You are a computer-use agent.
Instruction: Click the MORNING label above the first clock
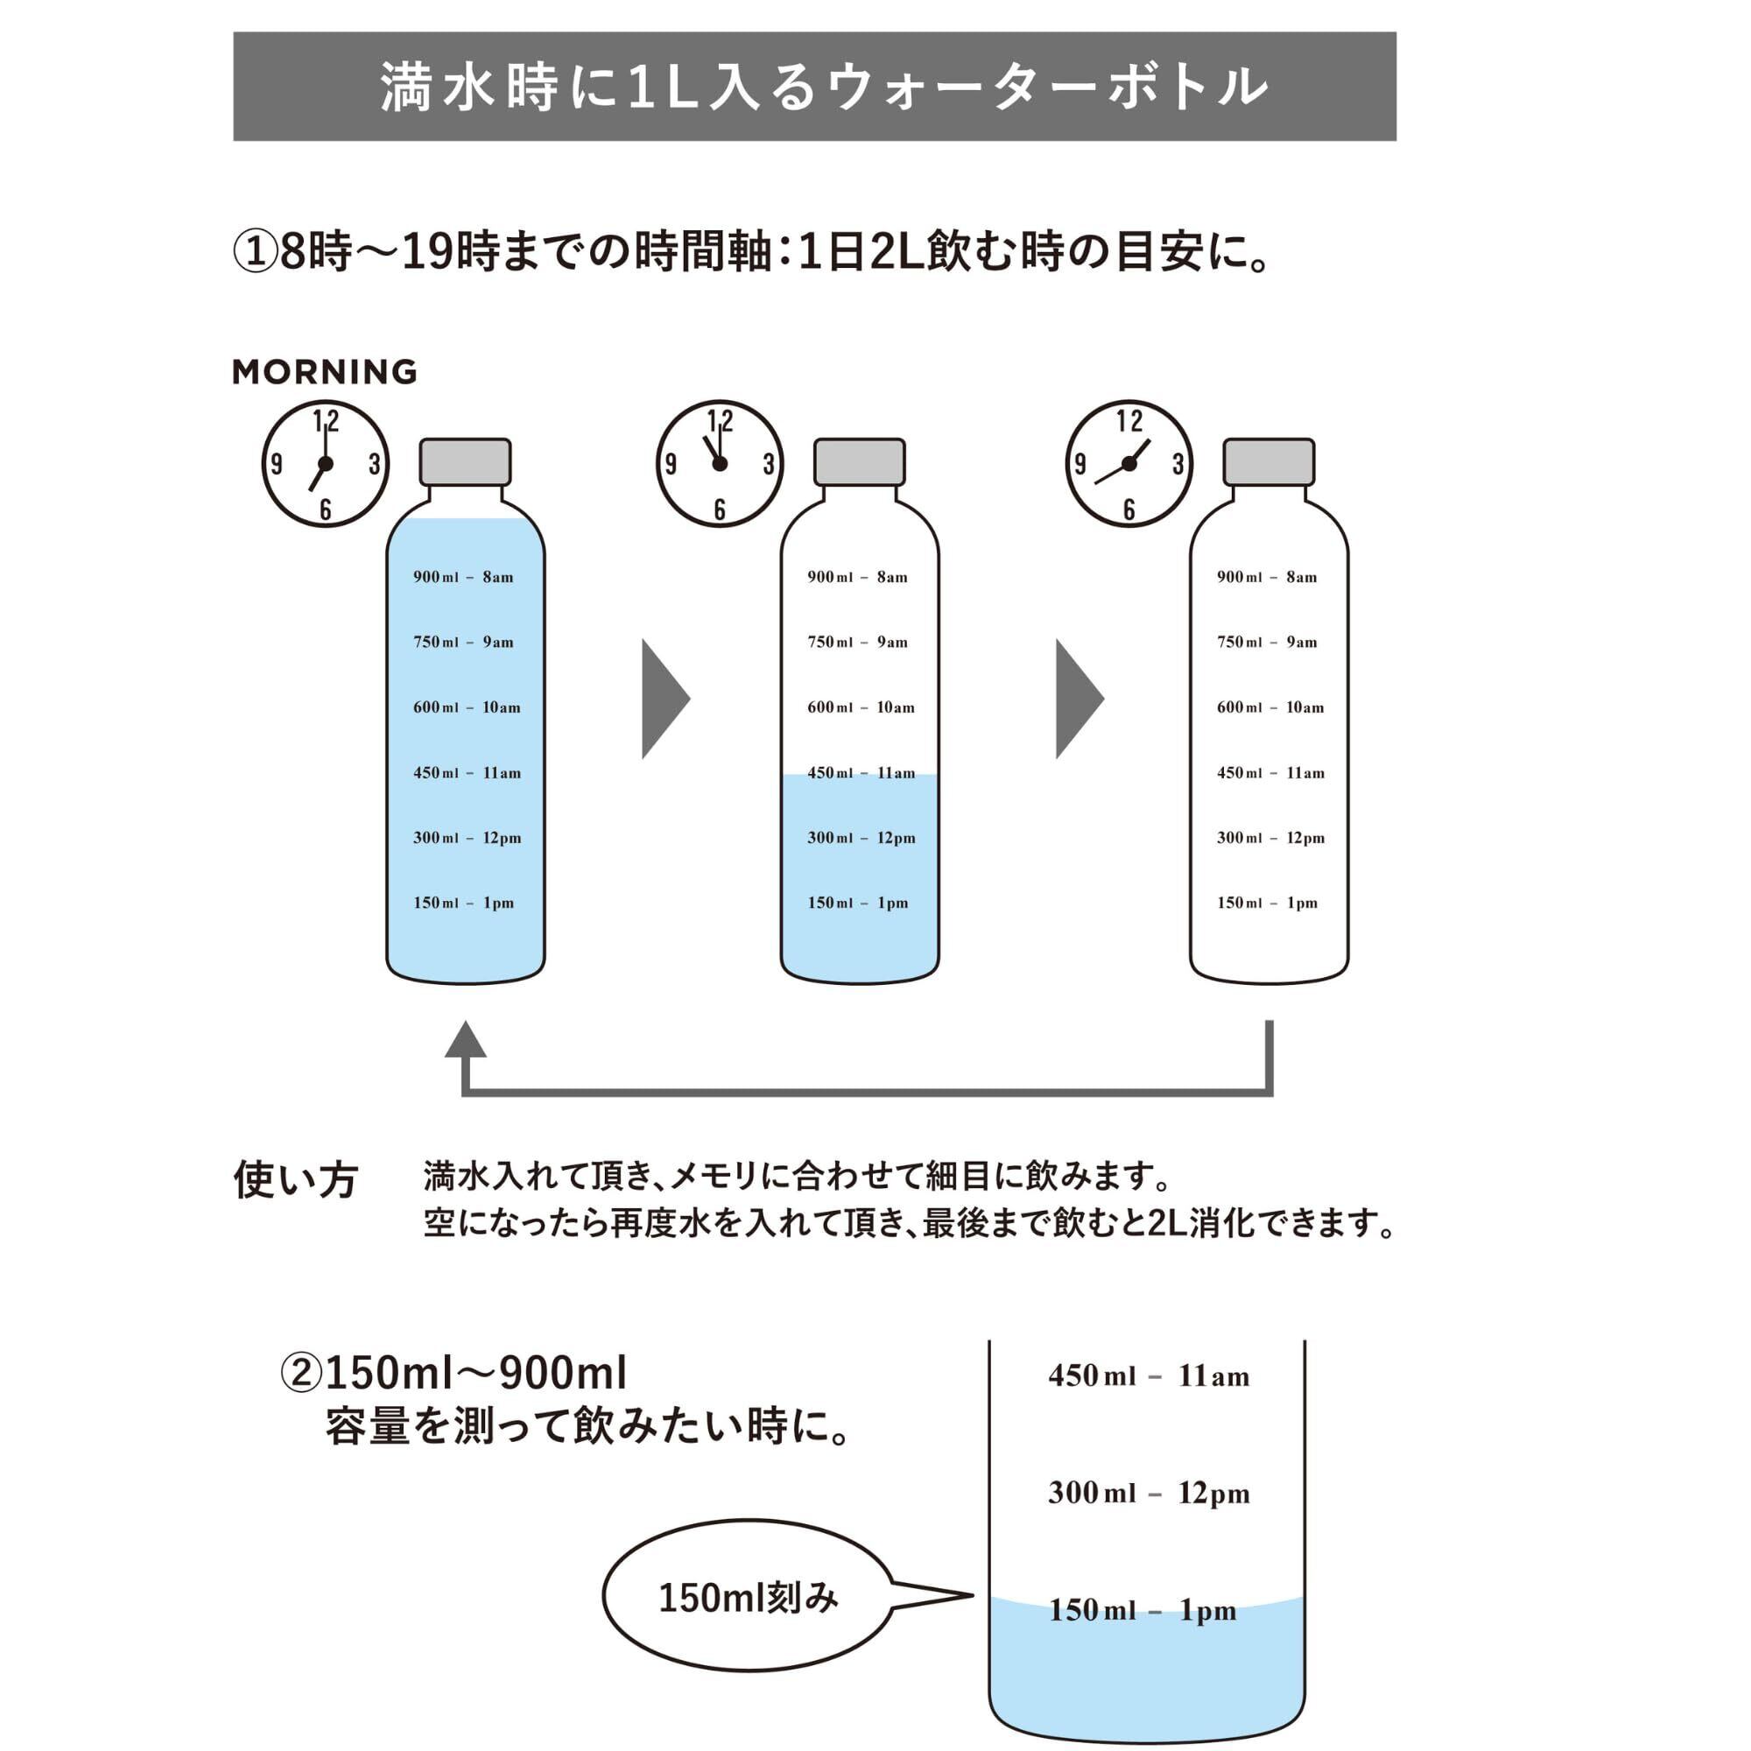coord(325,371)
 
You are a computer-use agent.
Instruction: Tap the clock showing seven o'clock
coord(326,464)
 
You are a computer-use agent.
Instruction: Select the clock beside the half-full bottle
coord(720,464)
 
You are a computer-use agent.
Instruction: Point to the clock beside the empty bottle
coord(1129,464)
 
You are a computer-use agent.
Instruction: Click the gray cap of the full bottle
coord(465,462)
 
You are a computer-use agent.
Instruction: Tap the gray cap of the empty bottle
coord(1268,462)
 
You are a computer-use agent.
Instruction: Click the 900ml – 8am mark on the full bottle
coord(463,577)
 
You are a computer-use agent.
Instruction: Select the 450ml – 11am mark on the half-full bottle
coord(861,773)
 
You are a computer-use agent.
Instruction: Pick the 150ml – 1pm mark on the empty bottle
coord(1267,903)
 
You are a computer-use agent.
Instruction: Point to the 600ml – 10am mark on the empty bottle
coord(1269,707)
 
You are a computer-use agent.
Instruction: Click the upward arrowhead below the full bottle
coord(465,1040)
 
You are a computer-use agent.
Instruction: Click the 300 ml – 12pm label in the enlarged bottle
coord(1149,1493)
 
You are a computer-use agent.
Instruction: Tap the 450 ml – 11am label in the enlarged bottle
coord(1149,1375)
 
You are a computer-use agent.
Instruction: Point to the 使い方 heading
coord(295,1180)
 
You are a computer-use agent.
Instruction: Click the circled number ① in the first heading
coord(255,252)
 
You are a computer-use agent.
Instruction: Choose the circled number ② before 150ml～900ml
coord(301,1373)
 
